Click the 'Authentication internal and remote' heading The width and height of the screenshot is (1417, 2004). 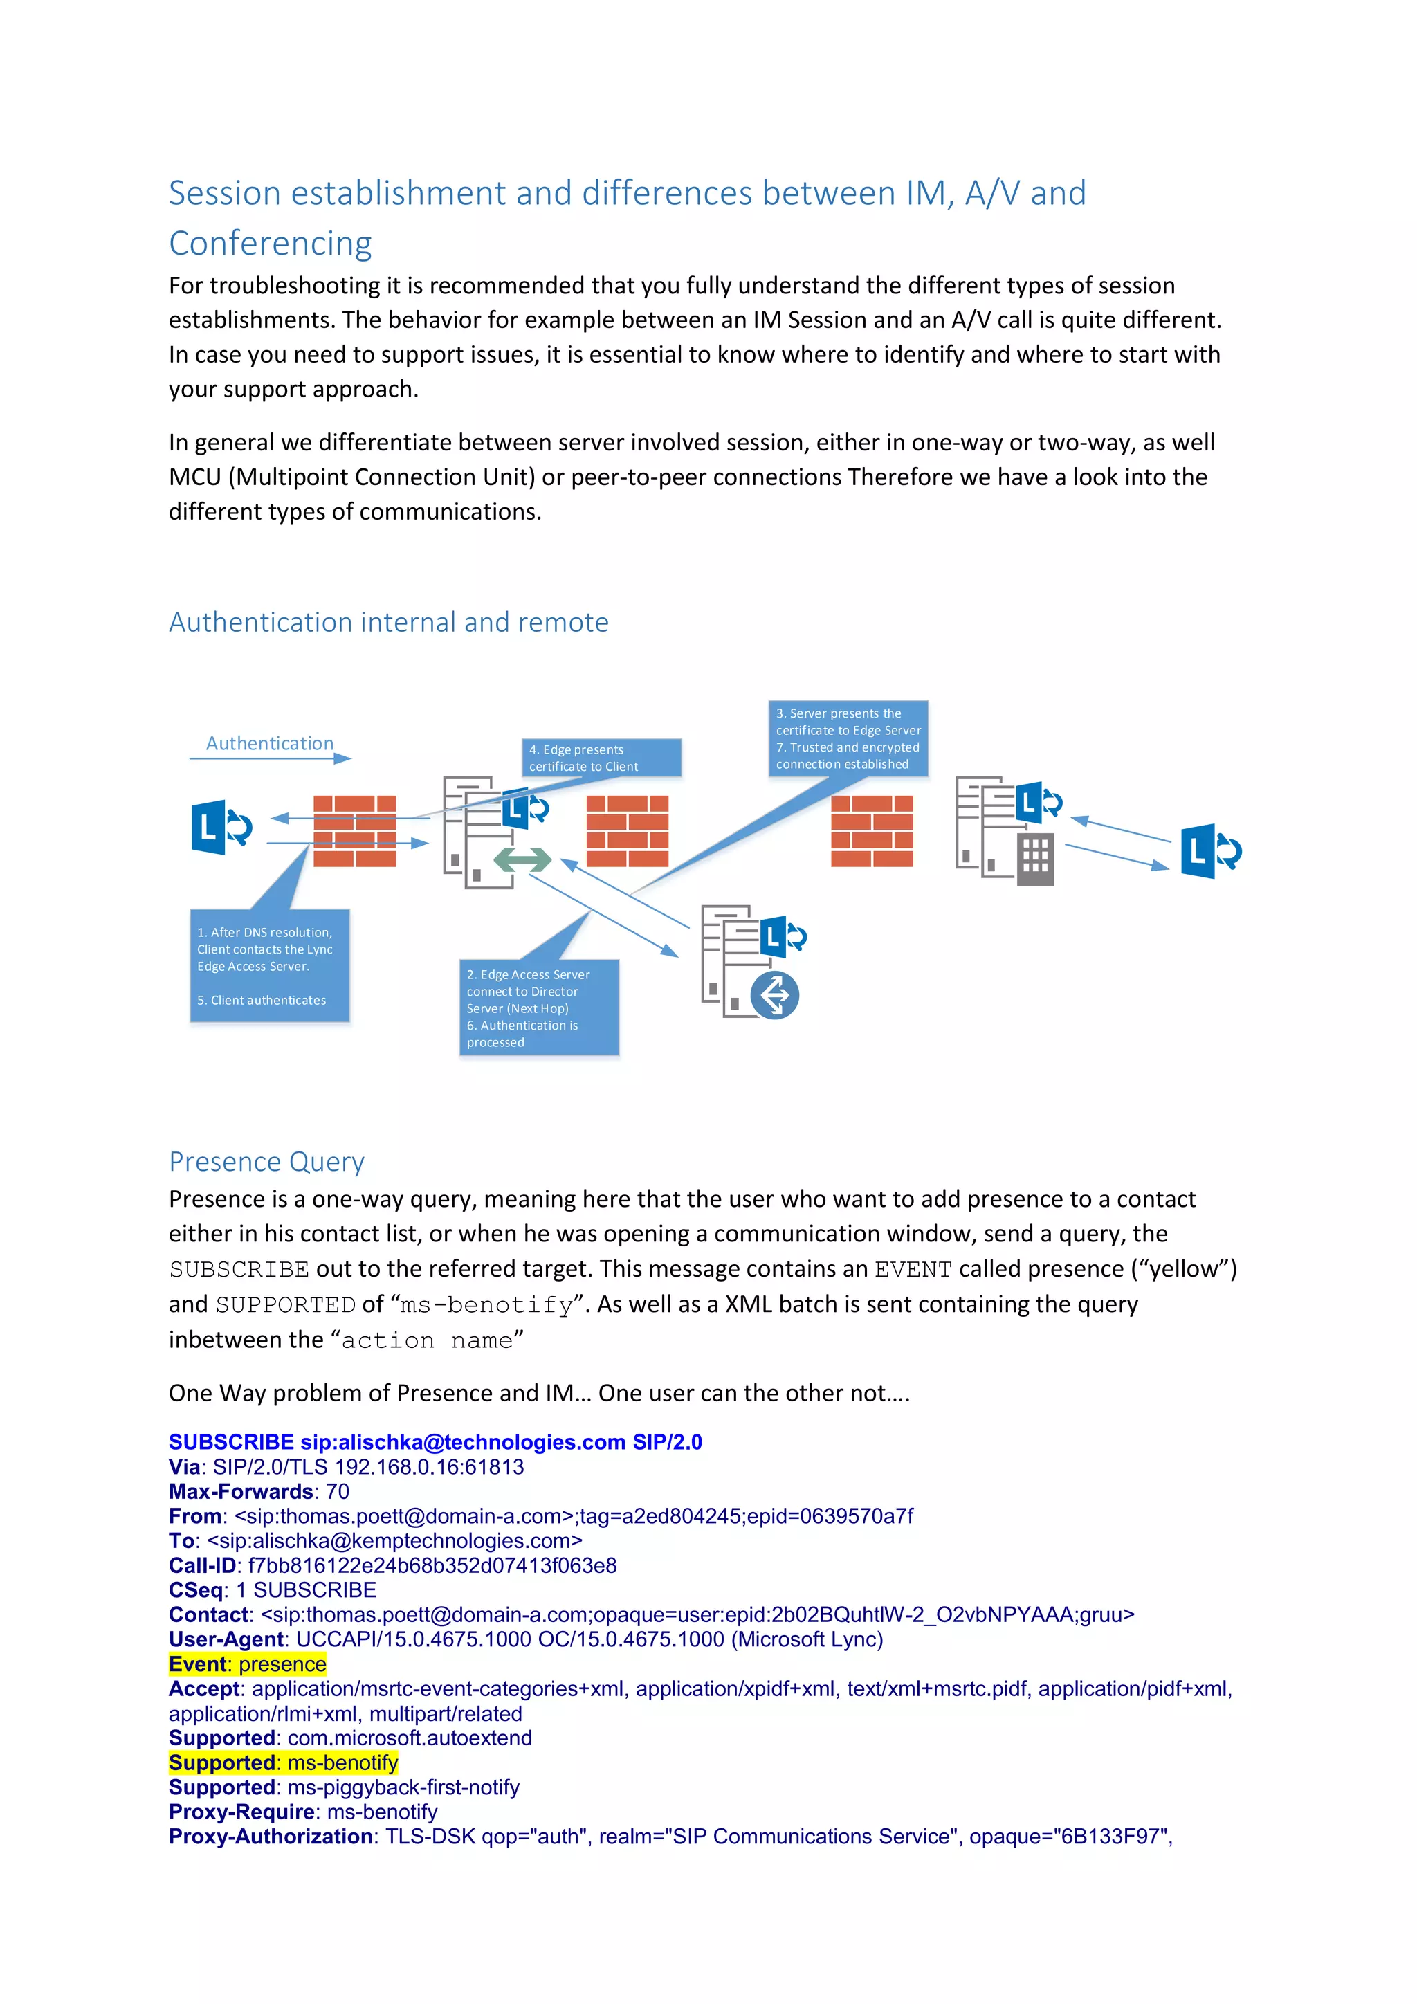[x=388, y=622]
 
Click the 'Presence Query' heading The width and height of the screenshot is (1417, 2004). [x=266, y=1162]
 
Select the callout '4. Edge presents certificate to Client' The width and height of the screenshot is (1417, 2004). [x=601, y=758]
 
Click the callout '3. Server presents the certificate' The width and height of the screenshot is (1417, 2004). [x=848, y=738]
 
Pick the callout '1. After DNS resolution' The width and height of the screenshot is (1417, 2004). [x=270, y=965]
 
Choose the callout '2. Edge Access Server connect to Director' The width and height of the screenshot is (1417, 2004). [x=538, y=1008]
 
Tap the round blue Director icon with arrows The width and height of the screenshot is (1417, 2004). [x=774, y=995]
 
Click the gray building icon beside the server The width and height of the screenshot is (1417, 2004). [x=1035, y=859]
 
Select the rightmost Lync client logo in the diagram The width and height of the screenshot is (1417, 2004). [x=1210, y=851]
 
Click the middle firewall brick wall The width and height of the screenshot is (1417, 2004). [x=628, y=830]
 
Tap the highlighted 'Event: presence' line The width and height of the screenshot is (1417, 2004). [x=248, y=1664]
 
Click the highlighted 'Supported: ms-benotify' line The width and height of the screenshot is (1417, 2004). [x=284, y=1763]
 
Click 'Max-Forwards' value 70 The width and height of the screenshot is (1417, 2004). [x=338, y=1492]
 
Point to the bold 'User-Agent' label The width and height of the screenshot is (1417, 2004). [x=226, y=1639]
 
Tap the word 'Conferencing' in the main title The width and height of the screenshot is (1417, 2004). [x=271, y=243]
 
